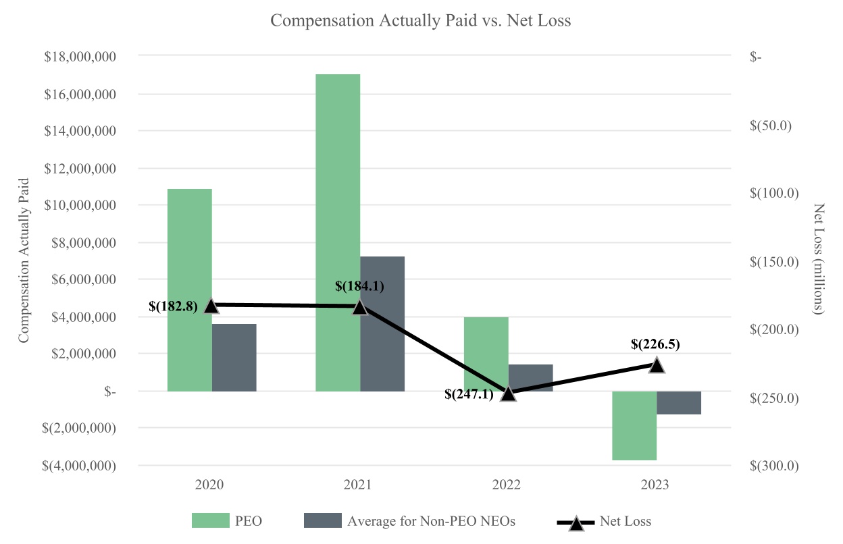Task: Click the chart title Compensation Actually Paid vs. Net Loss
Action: [x=420, y=21]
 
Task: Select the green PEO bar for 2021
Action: [x=338, y=229]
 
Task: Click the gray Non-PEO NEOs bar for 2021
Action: [x=382, y=324]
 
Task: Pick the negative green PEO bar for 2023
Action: [x=634, y=425]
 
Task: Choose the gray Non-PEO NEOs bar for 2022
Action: [x=531, y=377]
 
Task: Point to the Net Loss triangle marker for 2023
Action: [x=657, y=365]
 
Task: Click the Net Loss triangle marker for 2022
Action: [x=508, y=393]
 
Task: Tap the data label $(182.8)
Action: [x=173, y=306]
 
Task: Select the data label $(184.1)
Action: [x=359, y=286]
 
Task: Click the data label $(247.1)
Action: [x=469, y=394]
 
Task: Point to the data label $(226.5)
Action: [x=655, y=344]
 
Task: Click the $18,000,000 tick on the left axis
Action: [x=80, y=57]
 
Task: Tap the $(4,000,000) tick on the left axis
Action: [x=78, y=466]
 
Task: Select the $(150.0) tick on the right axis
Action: [x=774, y=261]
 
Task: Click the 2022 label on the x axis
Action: [x=507, y=485]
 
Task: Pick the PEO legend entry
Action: [x=227, y=521]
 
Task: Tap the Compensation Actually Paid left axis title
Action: [x=24, y=260]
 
